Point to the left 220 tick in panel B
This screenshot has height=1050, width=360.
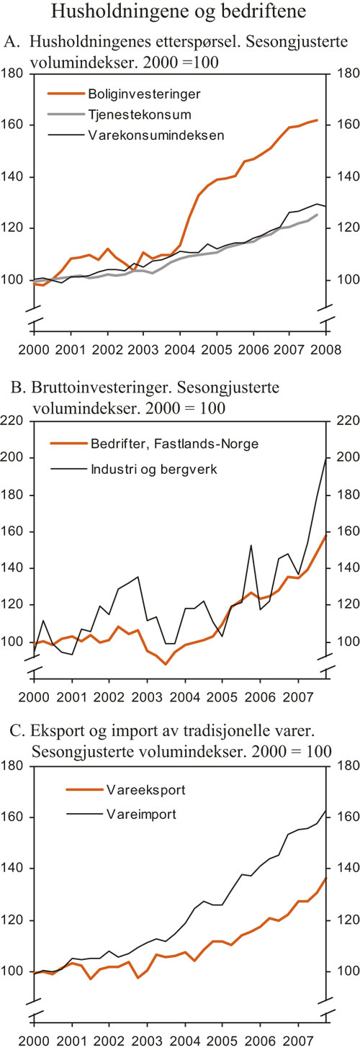coord(14,421)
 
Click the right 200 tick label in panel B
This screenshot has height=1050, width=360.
coord(344,458)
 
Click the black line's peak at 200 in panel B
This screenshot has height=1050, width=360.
coord(325,459)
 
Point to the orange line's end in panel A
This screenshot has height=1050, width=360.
coord(318,120)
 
